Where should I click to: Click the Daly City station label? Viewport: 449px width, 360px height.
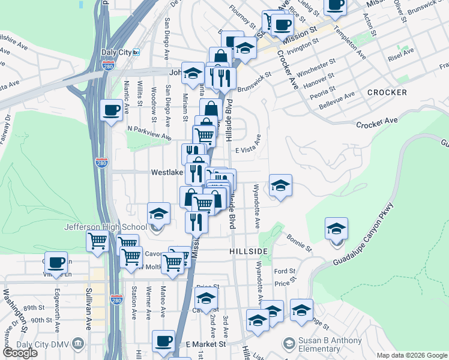(x=116, y=52)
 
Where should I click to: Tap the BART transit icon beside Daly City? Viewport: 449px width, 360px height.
(x=137, y=52)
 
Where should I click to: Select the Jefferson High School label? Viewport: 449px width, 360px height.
(x=106, y=227)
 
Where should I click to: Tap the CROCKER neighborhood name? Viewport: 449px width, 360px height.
(x=387, y=92)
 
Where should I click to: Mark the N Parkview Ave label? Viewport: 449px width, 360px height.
(x=149, y=132)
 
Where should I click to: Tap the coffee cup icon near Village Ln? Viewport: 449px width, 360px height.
(x=57, y=262)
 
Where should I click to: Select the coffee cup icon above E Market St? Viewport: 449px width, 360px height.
(x=163, y=341)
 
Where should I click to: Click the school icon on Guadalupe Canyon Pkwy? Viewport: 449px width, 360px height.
(x=336, y=228)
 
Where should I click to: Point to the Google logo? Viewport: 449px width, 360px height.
(x=20, y=353)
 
